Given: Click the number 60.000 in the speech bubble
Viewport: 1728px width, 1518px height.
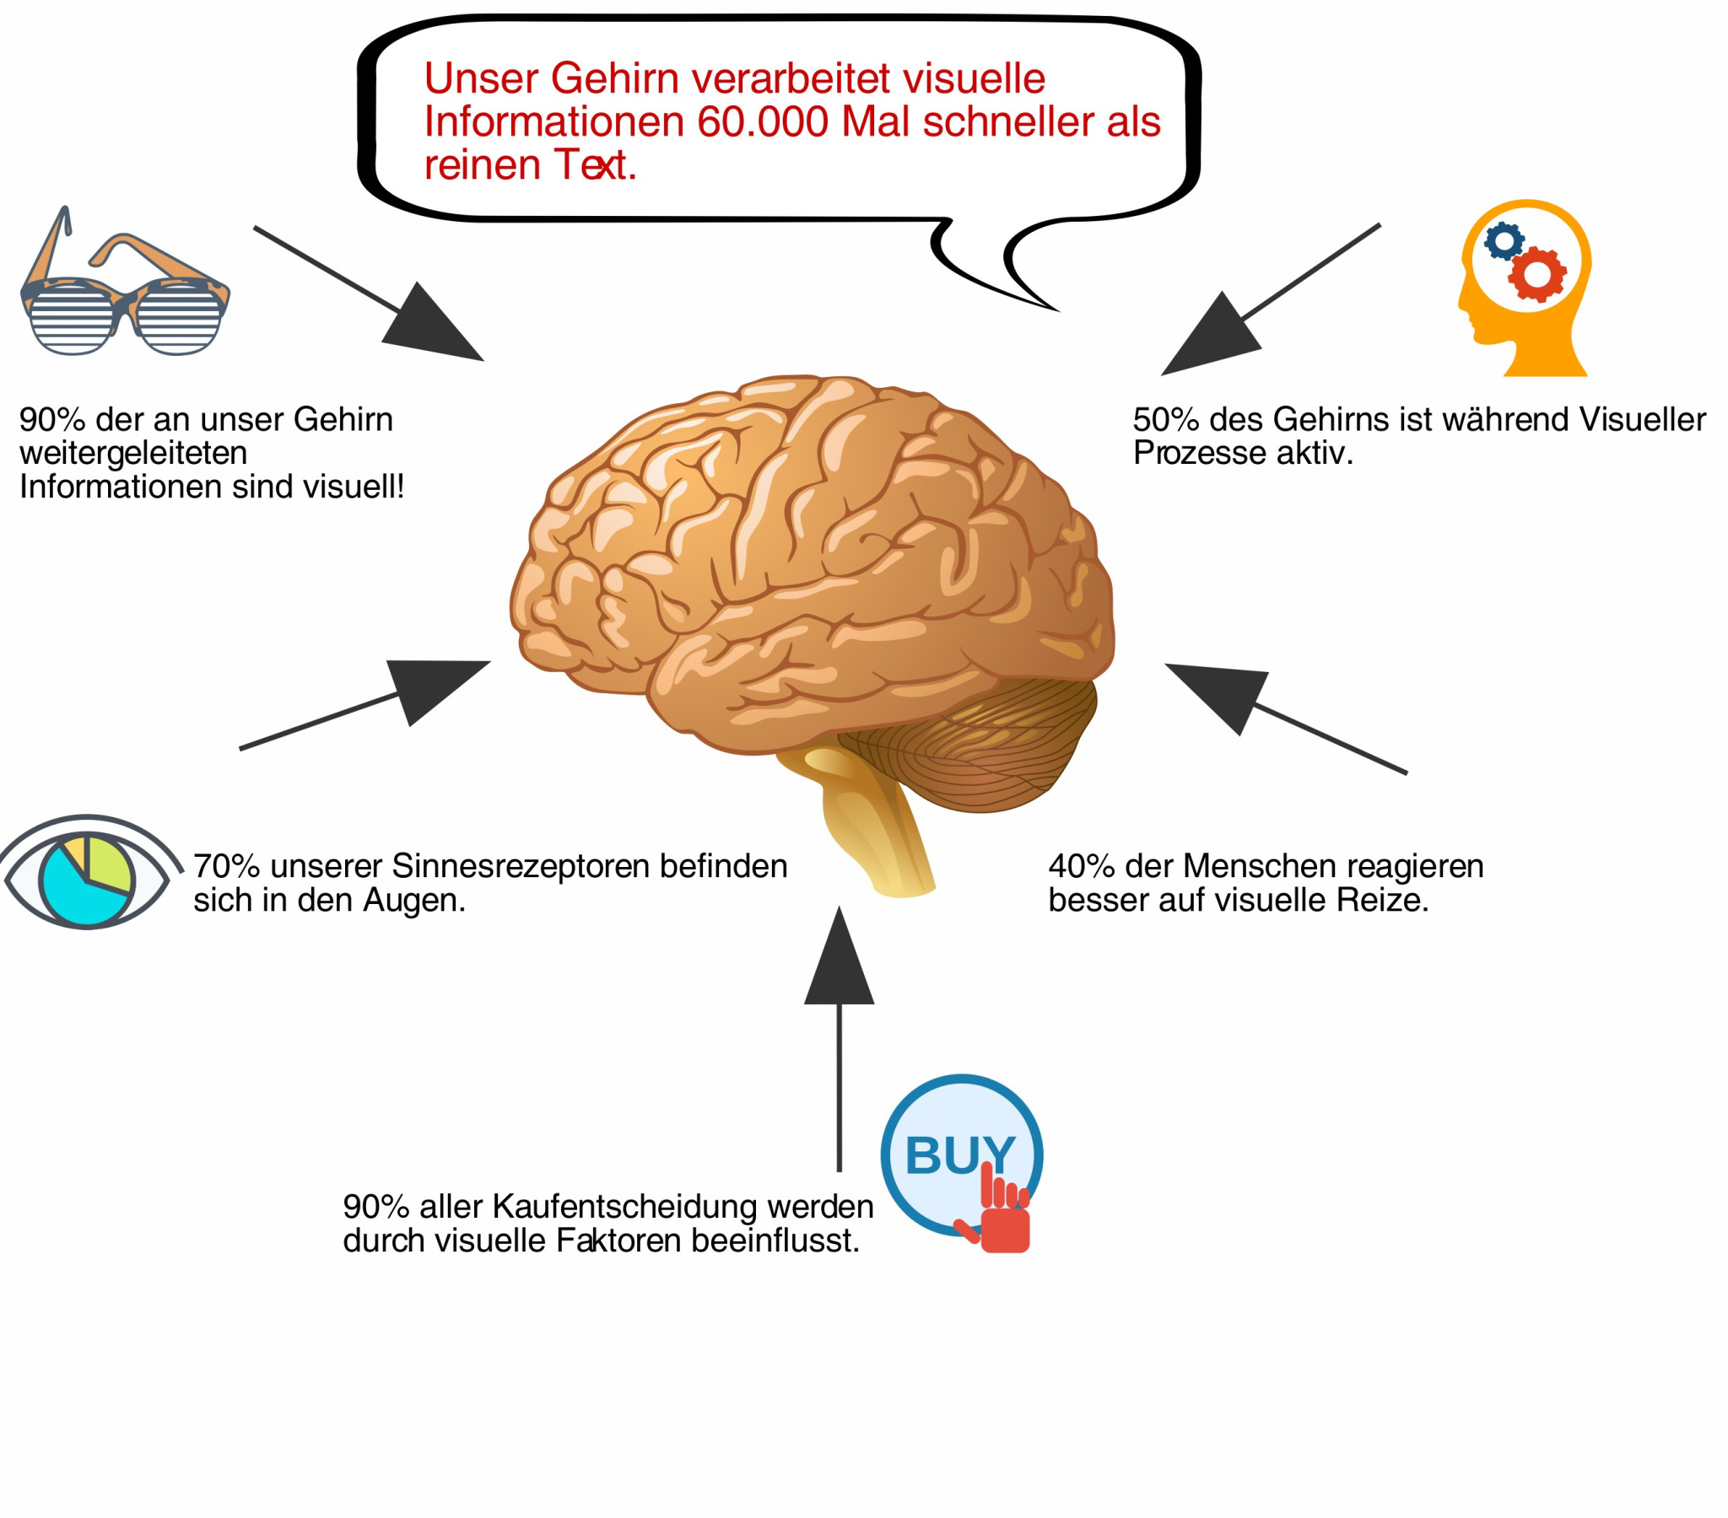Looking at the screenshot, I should point(762,122).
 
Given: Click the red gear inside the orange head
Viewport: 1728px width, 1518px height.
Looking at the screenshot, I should point(1538,274).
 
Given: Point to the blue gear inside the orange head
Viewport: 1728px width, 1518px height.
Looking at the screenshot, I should point(1504,242).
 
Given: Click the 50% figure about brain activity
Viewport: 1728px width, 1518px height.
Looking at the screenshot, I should point(1166,420).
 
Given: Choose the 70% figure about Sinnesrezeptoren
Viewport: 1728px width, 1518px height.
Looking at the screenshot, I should point(226,867).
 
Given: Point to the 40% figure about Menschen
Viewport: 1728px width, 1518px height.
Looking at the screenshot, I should point(1082,867).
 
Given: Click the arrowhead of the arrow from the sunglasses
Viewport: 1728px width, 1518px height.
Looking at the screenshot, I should point(431,329).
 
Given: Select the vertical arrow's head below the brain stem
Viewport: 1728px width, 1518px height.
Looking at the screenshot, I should point(839,963).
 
